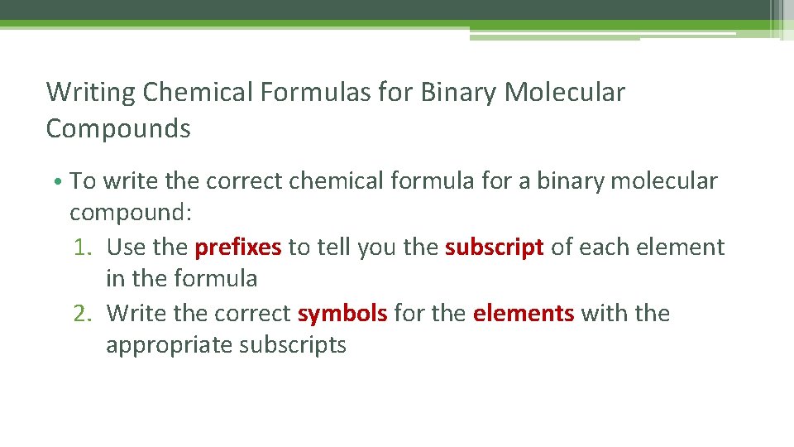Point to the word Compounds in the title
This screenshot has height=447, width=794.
[x=118, y=129]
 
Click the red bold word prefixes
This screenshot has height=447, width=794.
[x=238, y=248]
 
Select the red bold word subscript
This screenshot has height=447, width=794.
[x=495, y=248]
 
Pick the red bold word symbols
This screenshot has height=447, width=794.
[x=342, y=314]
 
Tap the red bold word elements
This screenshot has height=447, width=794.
[x=524, y=314]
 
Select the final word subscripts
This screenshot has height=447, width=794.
[x=293, y=345]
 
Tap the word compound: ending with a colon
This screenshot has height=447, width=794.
[x=131, y=214]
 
